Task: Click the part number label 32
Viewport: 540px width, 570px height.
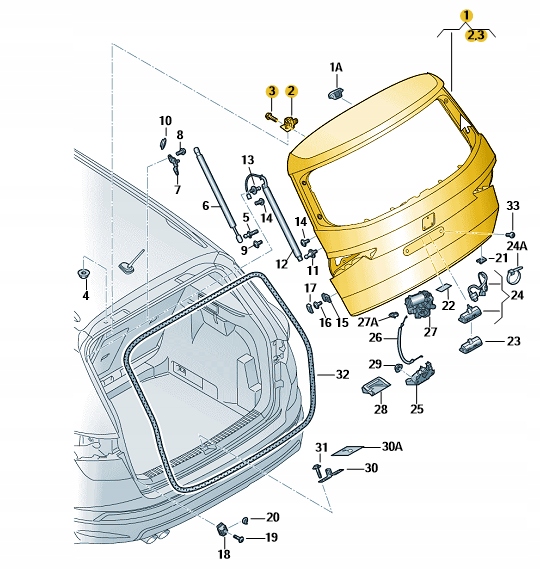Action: (x=342, y=375)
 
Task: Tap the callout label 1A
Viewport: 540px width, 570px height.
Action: (x=336, y=67)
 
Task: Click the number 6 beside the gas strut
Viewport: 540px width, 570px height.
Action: (x=205, y=206)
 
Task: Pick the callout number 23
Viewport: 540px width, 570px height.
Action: (x=513, y=341)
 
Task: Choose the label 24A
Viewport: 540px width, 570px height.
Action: (x=516, y=246)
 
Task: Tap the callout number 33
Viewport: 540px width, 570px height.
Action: (x=513, y=206)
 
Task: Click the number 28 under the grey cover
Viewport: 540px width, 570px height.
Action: (x=380, y=409)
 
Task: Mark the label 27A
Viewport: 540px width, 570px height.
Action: (x=368, y=322)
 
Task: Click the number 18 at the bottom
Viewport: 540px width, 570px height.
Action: (x=224, y=553)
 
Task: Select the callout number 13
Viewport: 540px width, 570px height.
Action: (x=248, y=160)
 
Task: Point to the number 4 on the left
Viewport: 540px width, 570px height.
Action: (x=85, y=295)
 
